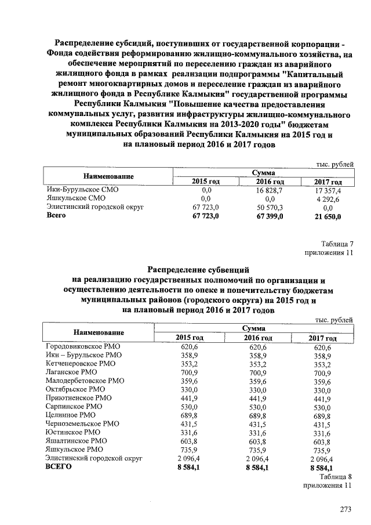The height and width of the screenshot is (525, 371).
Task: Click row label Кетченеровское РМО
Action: pos(81,363)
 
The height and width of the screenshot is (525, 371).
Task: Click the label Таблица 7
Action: pos(336,244)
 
